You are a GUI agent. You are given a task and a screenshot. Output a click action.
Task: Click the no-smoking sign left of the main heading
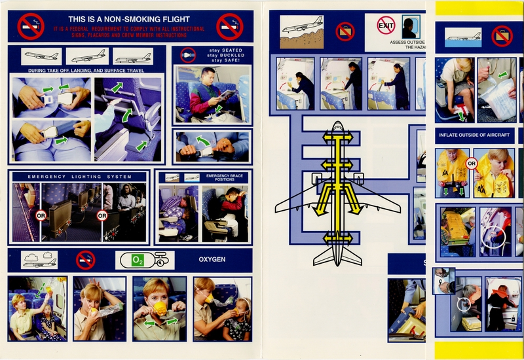[31, 26]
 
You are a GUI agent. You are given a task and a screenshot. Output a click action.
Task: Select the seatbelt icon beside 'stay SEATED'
[188, 54]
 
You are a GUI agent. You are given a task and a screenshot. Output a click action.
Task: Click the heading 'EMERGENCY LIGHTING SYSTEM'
[79, 177]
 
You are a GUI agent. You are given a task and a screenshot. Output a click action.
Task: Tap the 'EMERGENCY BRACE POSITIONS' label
[224, 177]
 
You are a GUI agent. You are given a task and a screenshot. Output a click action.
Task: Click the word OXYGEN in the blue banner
[212, 260]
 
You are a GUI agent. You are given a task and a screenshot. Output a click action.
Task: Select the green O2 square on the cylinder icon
[138, 261]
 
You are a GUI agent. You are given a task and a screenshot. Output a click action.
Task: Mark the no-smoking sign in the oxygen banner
[85, 260]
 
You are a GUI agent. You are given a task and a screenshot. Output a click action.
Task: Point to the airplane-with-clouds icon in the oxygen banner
[39, 260]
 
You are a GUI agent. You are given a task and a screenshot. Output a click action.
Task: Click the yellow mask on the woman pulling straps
[161, 306]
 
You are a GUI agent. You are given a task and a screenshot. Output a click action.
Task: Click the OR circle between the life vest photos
[470, 164]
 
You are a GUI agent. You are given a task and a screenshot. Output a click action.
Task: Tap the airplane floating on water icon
[464, 36]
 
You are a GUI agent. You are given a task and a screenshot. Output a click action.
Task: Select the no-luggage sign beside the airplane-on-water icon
[502, 35]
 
